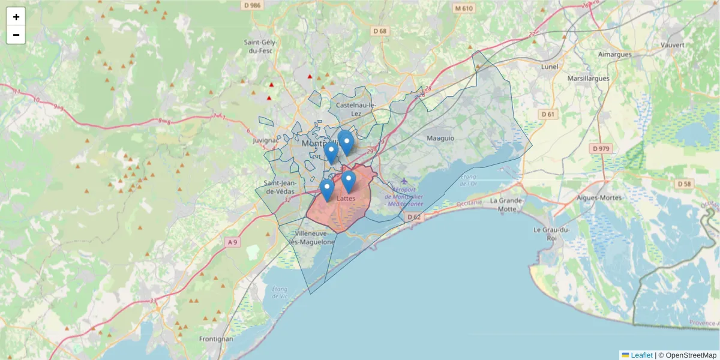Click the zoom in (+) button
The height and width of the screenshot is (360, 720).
16,17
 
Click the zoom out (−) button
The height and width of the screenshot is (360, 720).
16,35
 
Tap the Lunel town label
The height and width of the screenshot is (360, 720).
549,67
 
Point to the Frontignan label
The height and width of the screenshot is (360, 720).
213,339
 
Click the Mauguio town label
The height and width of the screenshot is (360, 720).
440,138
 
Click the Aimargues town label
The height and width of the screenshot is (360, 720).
614,54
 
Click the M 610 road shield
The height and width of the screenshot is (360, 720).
464,8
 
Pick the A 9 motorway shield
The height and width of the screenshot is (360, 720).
232,242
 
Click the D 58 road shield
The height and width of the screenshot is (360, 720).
685,183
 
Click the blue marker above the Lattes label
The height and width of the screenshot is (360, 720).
348,180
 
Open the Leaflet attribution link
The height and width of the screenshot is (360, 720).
641,355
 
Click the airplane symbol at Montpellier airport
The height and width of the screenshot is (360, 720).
404,181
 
